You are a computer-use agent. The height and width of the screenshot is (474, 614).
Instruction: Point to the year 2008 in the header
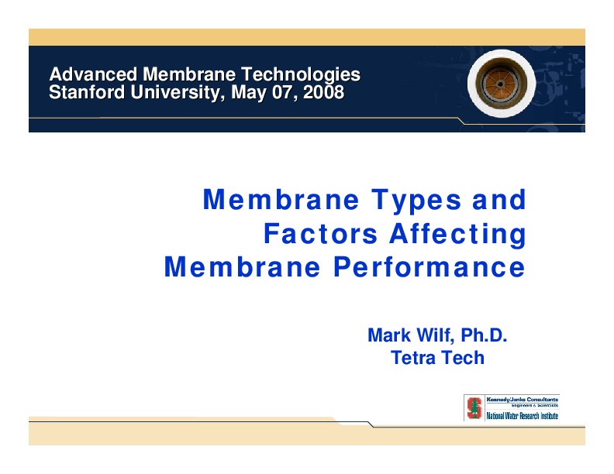point(323,93)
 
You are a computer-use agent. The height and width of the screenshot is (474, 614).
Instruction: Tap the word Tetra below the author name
point(413,358)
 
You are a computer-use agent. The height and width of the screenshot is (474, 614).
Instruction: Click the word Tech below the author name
point(462,358)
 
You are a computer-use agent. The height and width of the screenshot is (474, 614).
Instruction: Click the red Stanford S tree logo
point(472,407)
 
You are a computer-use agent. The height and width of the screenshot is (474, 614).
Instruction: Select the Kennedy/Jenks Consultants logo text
point(521,400)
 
